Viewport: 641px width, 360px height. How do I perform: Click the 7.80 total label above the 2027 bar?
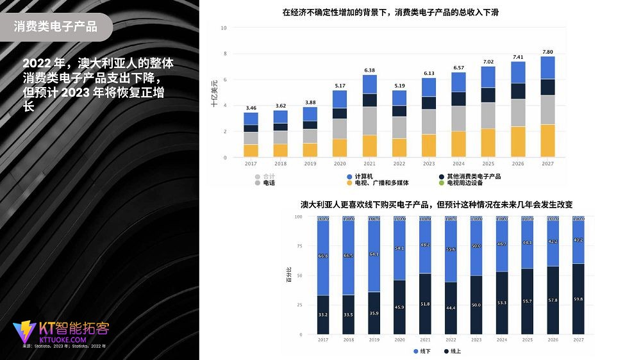[x=547, y=51]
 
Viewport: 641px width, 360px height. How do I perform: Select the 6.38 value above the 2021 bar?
[x=370, y=70]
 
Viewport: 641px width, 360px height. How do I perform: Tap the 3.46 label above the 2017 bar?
[x=251, y=108]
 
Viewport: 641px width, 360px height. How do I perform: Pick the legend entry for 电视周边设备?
[x=469, y=183]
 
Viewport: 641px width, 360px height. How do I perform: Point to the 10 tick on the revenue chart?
[x=224, y=28]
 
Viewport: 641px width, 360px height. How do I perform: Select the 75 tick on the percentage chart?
[x=298, y=246]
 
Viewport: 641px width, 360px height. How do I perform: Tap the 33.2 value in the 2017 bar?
[x=323, y=315]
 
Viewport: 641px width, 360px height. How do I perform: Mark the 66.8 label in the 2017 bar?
[x=323, y=256]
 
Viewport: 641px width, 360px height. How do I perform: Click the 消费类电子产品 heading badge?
[x=56, y=27]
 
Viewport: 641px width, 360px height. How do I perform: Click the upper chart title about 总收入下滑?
[x=390, y=12]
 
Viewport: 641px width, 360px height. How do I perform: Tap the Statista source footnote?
[x=64, y=346]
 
